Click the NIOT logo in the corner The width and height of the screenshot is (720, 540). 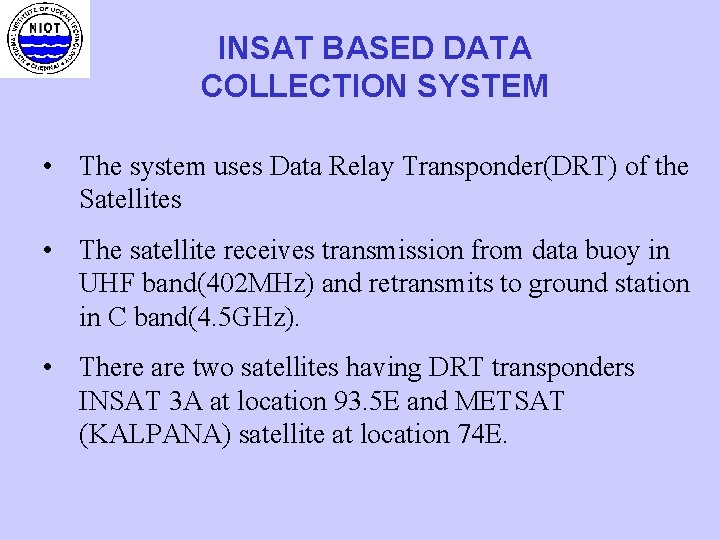click(44, 39)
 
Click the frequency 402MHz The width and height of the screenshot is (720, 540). click(265, 283)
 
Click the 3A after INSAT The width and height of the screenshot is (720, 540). click(187, 401)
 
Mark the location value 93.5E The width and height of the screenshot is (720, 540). click(363, 401)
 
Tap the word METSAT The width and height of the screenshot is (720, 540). click(508, 401)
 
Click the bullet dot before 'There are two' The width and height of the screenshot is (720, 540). click(48, 368)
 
